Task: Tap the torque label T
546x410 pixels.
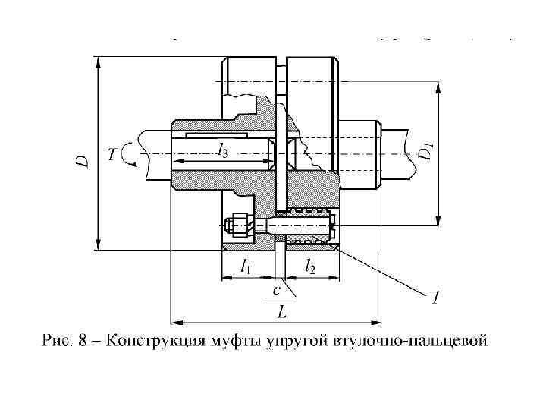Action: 113,155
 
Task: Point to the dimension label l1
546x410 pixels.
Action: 246,266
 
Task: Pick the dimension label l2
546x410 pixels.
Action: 311,266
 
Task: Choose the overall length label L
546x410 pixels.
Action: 282,312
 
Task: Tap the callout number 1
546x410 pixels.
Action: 434,298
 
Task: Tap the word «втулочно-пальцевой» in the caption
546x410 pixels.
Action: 409,341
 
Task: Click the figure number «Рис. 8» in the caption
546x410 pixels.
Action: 66,341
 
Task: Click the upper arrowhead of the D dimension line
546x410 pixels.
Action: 98,61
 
